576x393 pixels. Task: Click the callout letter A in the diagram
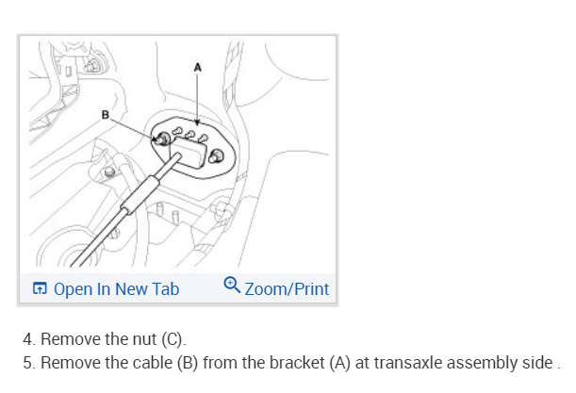click(197, 67)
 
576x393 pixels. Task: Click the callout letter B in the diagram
click(107, 116)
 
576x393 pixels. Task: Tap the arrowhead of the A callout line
click(197, 124)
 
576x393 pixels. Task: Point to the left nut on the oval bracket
click(164, 139)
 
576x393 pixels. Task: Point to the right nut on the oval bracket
click(218, 156)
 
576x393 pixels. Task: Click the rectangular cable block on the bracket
click(191, 149)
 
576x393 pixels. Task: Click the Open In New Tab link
click(116, 288)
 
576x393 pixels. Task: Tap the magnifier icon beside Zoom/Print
click(232, 286)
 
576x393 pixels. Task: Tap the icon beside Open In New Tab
click(40, 288)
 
